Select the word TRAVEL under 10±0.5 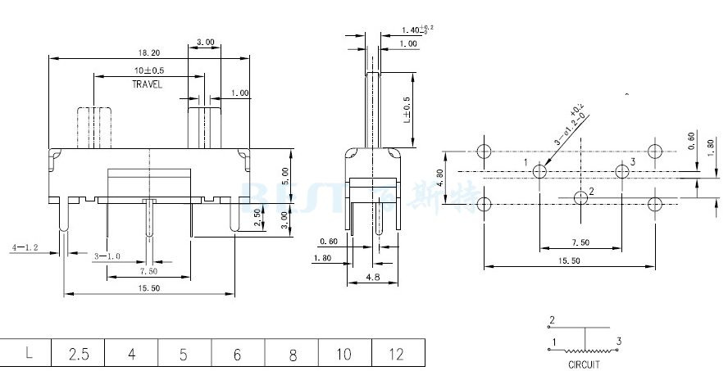point(148,84)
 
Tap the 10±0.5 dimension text point(148,71)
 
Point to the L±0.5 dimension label point(407,110)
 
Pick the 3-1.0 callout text point(107,256)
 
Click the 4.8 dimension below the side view point(371,278)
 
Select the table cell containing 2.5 point(79,354)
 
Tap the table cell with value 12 point(397,354)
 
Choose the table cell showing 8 point(291,354)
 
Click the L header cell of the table point(29,354)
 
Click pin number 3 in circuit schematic point(620,341)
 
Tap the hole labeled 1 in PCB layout point(540,172)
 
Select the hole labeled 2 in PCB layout point(581,197)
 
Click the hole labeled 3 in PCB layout point(621,172)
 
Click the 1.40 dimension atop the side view point(415,29)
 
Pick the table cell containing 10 point(344,354)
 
